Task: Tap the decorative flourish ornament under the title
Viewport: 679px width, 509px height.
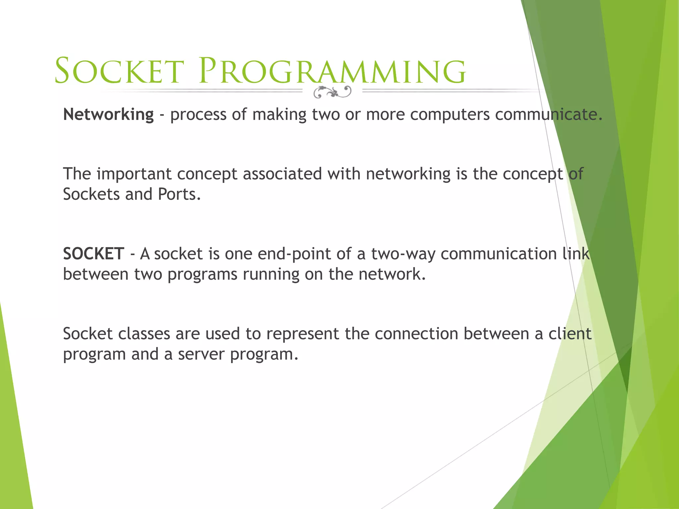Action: pyautogui.click(x=332, y=92)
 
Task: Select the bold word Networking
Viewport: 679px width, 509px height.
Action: pyautogui.click(x=108, y=115)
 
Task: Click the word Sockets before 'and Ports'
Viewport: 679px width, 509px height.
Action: pyautogui.click(x=91, y=195)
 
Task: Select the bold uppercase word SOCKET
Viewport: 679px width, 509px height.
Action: pyautogui.click(x=93, y=254)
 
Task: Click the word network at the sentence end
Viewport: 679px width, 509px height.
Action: pyautogui.click(x=390, y=274)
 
